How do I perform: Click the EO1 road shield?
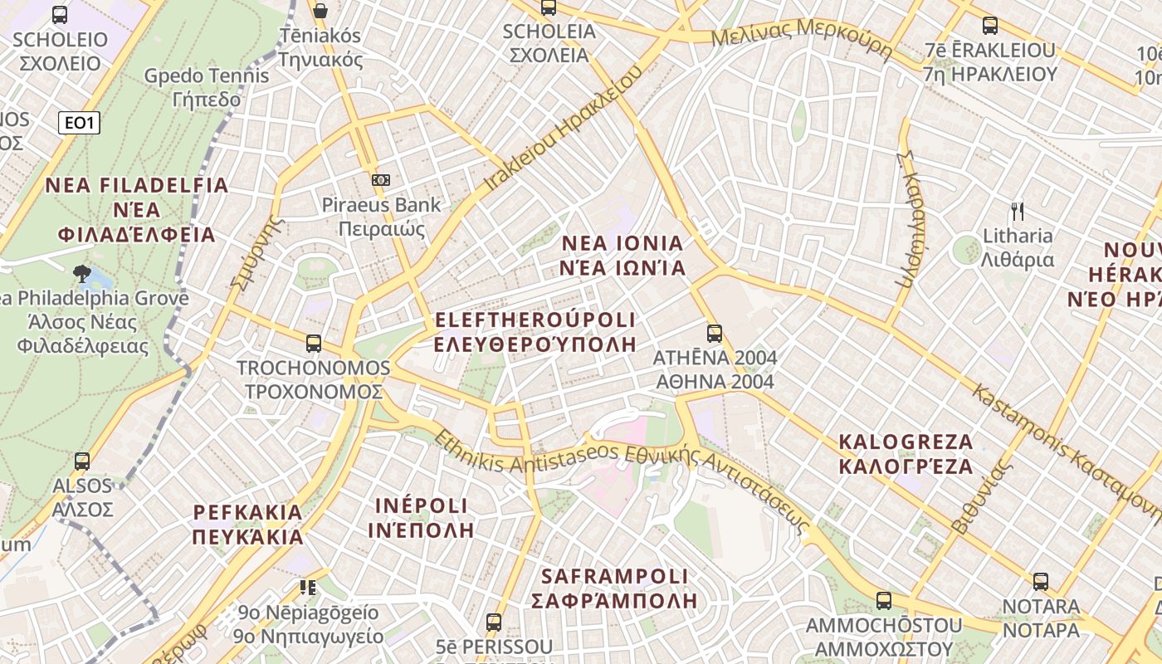(80, 124)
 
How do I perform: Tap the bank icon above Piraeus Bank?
(381, 179)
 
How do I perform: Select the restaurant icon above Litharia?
(1018, 211)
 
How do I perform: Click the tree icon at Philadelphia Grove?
(81, 271)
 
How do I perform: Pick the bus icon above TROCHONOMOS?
(314, 343)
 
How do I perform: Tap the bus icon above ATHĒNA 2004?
(715, 334)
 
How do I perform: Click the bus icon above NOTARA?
(1041, 582)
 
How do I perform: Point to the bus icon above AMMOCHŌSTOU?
(884, 600)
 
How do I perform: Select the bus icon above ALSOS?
(81, 461)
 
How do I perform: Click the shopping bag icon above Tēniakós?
(320, 11)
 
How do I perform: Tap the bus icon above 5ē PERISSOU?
(494, 622)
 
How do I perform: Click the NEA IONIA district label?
(622, 256)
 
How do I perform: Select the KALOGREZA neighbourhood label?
(906, 453)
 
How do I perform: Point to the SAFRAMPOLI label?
(614, 588)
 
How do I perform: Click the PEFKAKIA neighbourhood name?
(248, 524)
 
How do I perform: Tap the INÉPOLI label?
(421, 517)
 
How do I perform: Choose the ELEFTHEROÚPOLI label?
(535, 331)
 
